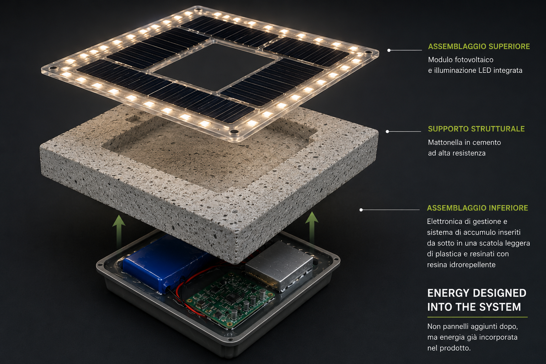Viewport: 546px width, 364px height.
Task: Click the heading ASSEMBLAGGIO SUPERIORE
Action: click(x=479, y=46)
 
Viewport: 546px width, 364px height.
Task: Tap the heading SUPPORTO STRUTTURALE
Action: click(x=476, y=129)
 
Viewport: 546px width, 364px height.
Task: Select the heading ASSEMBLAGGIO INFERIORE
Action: click(x=477, y=208)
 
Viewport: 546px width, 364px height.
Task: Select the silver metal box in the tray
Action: click(x=279, y=264)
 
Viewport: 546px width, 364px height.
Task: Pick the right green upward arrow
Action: click(x=312, y=227)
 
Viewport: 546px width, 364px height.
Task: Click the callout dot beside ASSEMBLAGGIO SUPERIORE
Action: click(x=389, y=50)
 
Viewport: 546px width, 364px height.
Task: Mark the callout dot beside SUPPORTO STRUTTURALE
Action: click(x=387, y=132)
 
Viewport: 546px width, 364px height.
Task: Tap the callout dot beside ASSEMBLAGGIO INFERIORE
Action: click(x=361, y=210)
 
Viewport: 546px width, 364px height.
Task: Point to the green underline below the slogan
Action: click(x=477, y=317)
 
